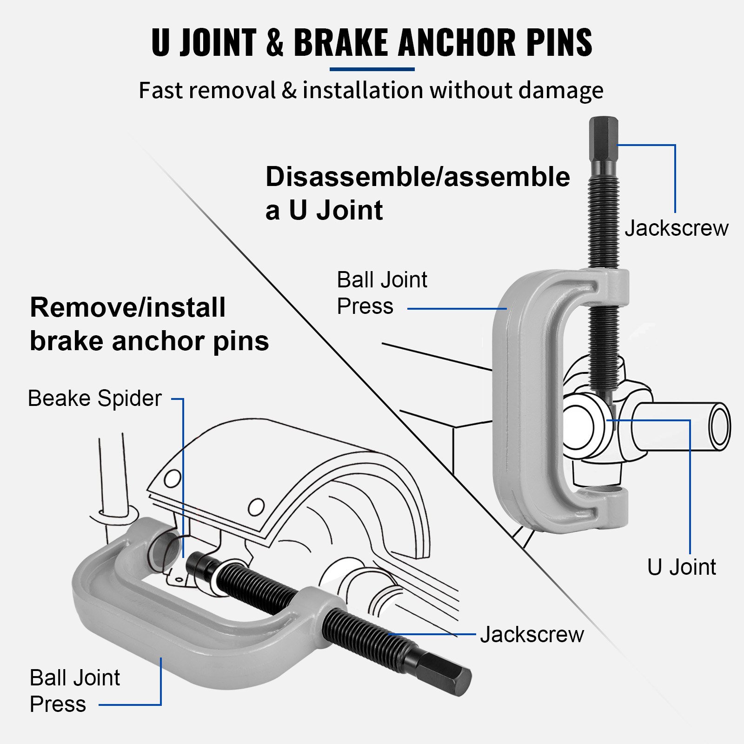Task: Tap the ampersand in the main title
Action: click(x=275, y=42)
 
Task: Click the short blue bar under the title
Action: click(x=372, y=69)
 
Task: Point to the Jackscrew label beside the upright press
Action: click(x=676, y=228)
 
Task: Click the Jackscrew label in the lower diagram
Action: click(x=531, y=635)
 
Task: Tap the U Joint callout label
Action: click(x=681, y=567)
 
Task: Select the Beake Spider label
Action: click(x=95, y=399)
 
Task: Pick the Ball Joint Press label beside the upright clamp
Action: click(x=381, y=293)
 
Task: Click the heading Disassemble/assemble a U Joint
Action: click(x=417, y=193)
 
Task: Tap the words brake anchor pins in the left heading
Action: click(x=149, y=341)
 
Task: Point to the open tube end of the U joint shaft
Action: click(x=720, y=426)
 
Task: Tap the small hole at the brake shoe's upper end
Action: click(x=173, y=478)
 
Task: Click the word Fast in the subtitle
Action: click(x=159, y=90)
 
